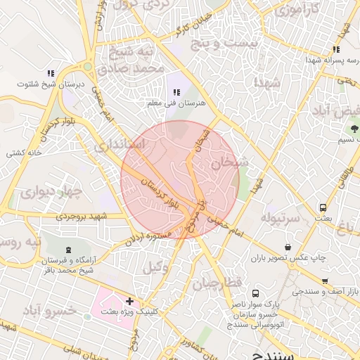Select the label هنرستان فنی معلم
pyautogui.click(x=175, y=103)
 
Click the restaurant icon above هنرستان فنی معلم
pyautogui.click(x=176, y=92)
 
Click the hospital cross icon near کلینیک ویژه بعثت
pyautogui.click(x=129, y=301)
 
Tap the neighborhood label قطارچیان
pyautogui.click(x=218, y=282)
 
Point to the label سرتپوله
pyautogui.click(x=281, y=219)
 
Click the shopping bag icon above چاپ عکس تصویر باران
pyautogui.click(x=288, y=247)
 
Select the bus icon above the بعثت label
pyautogui.click(x=323, y=208)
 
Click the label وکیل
pyautogui.click(x=156, y=268)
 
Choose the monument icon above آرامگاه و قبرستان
pyautogui.click(x=68, y=250)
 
